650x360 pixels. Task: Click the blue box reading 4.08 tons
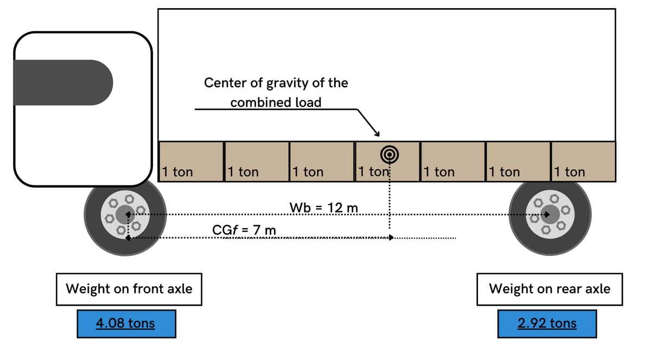[126, 324]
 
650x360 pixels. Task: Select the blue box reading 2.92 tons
[547, 324]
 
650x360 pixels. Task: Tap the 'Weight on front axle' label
[129, 289]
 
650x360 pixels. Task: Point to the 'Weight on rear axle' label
[549, 289]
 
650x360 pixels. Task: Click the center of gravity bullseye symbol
[389, 155]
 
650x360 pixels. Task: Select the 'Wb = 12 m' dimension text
[324, 207]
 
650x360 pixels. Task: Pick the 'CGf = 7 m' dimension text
[244, 230]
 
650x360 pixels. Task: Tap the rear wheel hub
[550, 214]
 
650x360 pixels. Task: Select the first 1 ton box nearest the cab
[191, 162]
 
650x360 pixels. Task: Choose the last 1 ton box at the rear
[584, 162]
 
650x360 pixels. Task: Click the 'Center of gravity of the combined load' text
[276, 92]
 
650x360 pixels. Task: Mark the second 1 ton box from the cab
[257, 162]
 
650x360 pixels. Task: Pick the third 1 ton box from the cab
[322, 162]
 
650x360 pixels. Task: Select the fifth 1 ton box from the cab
[453, 162]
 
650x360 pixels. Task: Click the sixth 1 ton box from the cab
[518, 162]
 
